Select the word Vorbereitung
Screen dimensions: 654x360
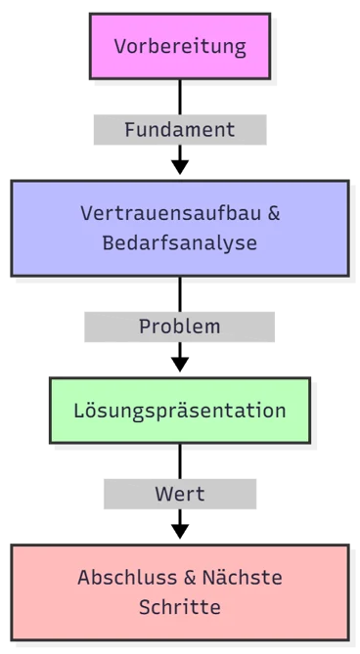179,46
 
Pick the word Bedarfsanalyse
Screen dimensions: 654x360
179,242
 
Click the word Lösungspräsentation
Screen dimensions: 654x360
179,410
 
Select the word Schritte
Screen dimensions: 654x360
179,607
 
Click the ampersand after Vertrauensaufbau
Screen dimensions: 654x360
273,213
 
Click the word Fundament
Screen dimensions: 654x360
179,129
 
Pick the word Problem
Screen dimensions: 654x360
179,326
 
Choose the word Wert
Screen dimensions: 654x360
179,495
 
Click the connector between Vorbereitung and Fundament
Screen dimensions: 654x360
179,95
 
